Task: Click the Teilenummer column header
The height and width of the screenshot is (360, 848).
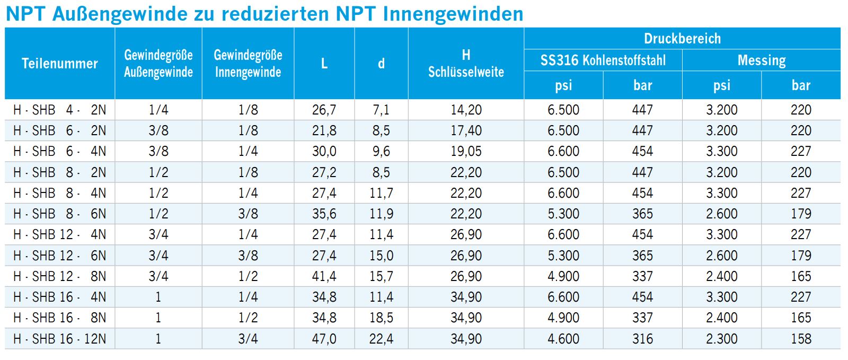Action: [x=60, y=64]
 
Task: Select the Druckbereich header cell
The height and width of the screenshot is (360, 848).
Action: [x=682, y=39]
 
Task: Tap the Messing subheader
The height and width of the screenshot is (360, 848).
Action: [x=761, y=60]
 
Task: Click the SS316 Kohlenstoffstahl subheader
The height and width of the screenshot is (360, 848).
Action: [x=603, y=60]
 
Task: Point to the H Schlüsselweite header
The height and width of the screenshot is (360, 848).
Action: [x=466, y=64]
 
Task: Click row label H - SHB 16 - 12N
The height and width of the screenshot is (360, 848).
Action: [x=60, y=339]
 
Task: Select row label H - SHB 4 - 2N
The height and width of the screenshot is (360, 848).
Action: [x=60, y=110]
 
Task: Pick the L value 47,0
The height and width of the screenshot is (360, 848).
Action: [x=324, y=339]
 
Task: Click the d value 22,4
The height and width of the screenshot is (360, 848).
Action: [x=381, y=339]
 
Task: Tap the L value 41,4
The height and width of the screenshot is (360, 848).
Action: [x=324, y=276]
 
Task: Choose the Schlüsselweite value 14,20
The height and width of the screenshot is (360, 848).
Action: [x=466, y=110]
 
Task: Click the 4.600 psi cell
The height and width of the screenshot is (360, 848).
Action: [x=563, y=339]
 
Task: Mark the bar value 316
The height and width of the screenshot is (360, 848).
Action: [x=642, y=339]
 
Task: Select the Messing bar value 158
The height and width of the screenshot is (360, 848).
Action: [x=801, y=339]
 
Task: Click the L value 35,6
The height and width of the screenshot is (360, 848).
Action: [x=324, y=214]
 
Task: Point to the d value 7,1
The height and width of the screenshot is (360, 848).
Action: [x=381, y=110]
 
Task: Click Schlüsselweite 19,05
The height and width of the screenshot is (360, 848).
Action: [x=466, y=151]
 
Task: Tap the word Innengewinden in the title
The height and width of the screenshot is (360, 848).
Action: [x=453, y=14]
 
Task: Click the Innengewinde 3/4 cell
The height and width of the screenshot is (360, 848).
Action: [x=248, y=339]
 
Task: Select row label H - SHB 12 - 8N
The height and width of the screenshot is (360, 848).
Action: [x=60, y=276]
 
